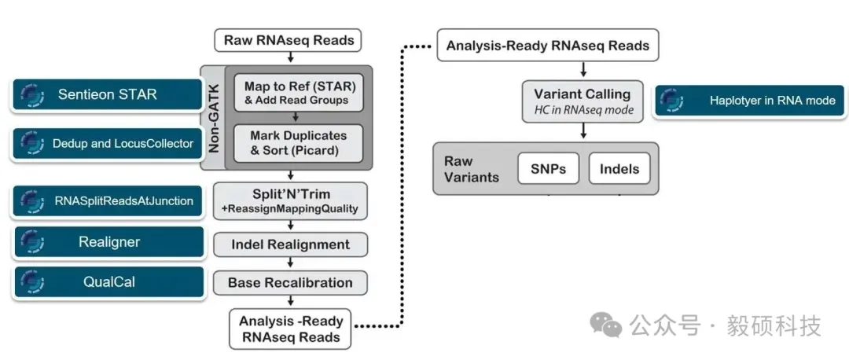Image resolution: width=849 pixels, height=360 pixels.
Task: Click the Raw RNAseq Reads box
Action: point(289,40)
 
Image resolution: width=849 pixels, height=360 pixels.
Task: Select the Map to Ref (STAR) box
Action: point(297,92)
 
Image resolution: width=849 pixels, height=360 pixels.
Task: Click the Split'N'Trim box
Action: point(290,200)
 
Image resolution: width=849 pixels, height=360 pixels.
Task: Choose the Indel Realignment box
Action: point(290,244)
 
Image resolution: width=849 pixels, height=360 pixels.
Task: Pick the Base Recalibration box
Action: point(290,282)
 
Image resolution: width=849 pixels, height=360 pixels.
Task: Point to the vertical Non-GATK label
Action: point(213,118)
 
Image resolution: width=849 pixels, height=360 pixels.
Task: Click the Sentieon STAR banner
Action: point(108,94)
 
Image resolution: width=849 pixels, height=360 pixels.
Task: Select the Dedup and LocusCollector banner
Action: point(108,143)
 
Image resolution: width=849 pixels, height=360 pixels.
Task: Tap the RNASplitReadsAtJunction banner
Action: point(108,201)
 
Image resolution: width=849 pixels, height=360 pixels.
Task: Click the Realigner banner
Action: point(108,242)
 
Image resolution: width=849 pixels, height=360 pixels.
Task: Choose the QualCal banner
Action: point(108,281)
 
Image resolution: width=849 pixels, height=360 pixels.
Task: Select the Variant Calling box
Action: point(583,101)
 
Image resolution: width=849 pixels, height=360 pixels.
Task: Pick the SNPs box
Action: point(548,168)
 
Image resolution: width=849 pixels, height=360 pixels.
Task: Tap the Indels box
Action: point(619,168)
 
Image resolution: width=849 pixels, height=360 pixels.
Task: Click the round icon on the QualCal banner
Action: point(31,281)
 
